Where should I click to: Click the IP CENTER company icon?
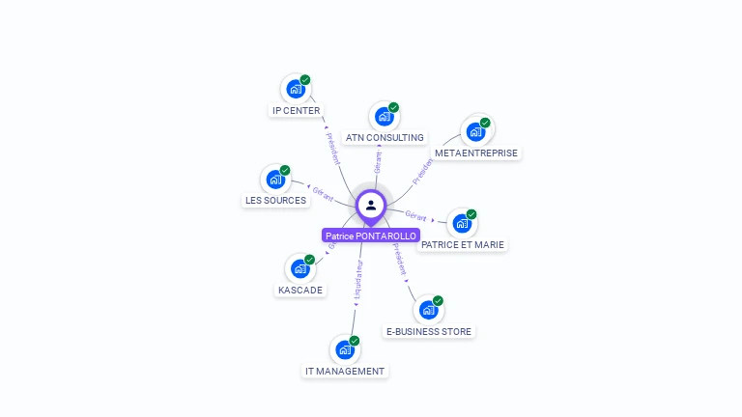(x=296, y=89)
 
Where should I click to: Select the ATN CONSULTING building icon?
(x=385, y=117)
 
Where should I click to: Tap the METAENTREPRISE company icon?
(x=475, y=132)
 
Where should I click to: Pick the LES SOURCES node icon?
(x=275, y=180)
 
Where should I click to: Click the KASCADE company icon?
(x=300, y=269)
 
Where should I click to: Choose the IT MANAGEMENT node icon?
(x=345, y=349)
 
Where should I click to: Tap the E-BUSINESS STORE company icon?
(x=428, y=311)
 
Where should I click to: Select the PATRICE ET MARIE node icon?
(x=463, y=223)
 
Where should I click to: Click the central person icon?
(x=371, y=205)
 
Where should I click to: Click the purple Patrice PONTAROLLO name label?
(x=371, y=236)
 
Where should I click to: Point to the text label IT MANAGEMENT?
(x=345, y=372)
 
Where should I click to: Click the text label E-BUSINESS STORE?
(x=429, y=332)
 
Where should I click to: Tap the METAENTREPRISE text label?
(x=476, y=153)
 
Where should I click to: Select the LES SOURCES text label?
(x=275, y=201)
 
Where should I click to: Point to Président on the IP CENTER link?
(x=332, y=145)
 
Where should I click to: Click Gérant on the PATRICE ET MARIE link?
(x=416, y=216)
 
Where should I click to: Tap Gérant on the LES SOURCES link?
(x=323, y=194)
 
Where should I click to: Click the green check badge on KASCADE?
(x=310, y=259)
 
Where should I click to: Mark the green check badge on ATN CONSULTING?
(x=393, y=107)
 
